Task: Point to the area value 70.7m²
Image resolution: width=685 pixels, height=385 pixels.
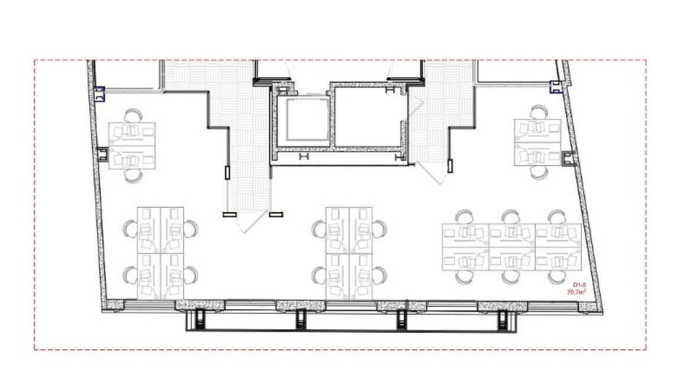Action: pyautogui.click(x=577, y=292)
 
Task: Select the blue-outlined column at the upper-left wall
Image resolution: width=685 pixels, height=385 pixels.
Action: pyautogui.click(x=99, y=94)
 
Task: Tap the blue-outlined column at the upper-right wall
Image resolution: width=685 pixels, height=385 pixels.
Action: pyautogui.click(x=555, y=87)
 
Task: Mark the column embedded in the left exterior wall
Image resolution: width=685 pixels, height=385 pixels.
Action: pyautogui.click(x=102, y=154)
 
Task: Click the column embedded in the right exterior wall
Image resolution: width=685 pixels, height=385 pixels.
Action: pyautogui.click(x=568, y=158)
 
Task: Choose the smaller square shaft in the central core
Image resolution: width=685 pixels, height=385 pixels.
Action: pyautogui.click(x=307, y=119)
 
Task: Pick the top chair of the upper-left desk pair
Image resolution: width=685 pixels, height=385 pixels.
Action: pyautogui.click(x=133, y=116)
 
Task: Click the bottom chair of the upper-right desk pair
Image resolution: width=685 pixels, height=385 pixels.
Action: pyautogui.click(x=539, y=172)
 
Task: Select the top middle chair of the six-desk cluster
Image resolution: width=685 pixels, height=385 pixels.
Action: pyautogui.click(x=510, y=217)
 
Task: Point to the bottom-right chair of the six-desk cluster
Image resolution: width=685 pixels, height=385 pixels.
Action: pyautogui.click(x=557, y=277)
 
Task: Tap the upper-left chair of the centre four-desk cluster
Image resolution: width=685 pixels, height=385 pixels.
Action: pyautogui.click(x=319, y=229)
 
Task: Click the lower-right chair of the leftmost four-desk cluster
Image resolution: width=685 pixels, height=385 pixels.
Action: pyautogui.click(x=191, y=275)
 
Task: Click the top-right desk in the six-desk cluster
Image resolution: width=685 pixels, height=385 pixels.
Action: pyautogui.click(x=558, y=236)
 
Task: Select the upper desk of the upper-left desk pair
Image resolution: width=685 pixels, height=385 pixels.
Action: pyautogui.click(x=132, y=134)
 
